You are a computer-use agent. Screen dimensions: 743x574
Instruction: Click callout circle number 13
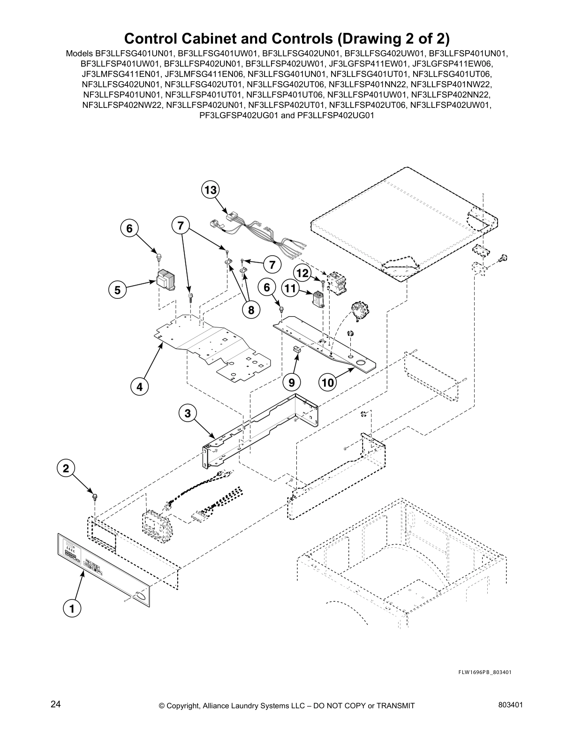click(211, 190)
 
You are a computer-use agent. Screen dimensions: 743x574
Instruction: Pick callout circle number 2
click(66, 468)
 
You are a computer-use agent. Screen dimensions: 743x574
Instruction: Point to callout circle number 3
click(188, 413)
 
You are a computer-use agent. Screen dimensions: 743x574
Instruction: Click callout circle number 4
click(139, 387)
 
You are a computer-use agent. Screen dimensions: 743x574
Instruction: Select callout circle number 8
click(251, 310)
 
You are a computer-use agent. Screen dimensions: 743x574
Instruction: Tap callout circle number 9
click(291, 383)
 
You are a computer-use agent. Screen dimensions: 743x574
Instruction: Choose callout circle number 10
click(328, 383)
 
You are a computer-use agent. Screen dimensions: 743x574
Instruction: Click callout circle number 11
click(290, 288)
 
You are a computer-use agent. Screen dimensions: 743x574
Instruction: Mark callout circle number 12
click(303, 273)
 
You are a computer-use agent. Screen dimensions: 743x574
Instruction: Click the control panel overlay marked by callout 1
click(103, 570)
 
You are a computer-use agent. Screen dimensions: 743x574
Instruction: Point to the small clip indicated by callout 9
click(297, 348)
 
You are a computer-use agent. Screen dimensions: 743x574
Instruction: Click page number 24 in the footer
click(56, 705)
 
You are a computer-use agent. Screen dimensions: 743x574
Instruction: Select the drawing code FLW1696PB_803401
click(485, 672)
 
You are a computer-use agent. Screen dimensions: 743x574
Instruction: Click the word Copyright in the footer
click(184, 706)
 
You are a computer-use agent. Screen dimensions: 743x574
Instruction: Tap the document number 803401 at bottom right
click(511, 705)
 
